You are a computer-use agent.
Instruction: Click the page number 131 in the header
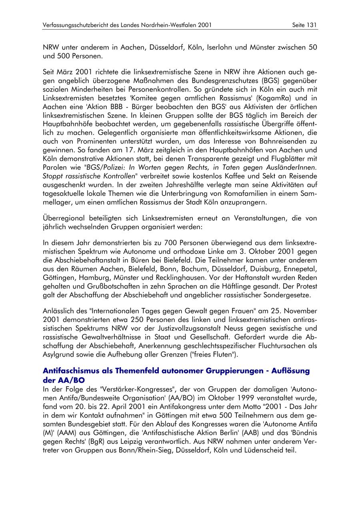[x=312, y=25]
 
